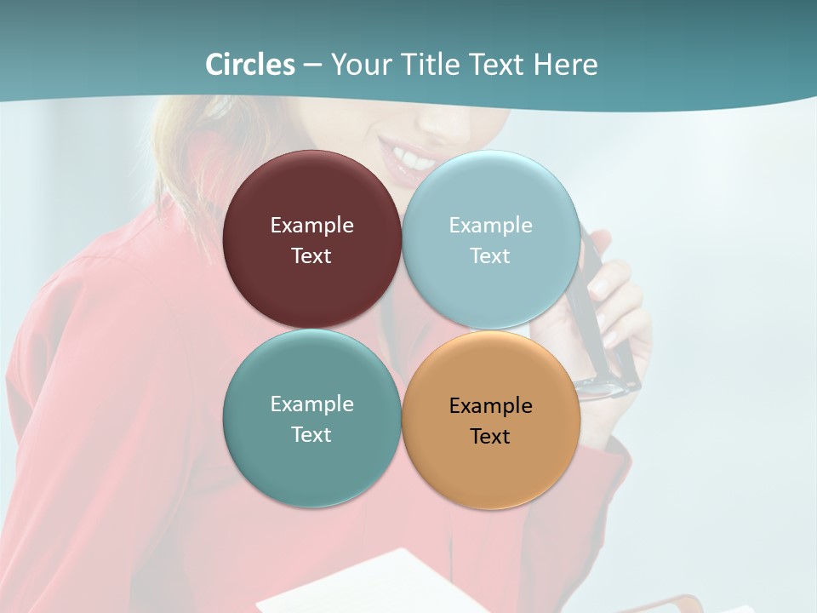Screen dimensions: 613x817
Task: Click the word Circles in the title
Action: [x=250, y=65]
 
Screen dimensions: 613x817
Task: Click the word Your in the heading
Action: [x=361, y=65]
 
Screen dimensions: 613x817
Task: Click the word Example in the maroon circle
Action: [x=311, y=225]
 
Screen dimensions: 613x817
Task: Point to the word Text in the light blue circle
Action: [x=490, y=255]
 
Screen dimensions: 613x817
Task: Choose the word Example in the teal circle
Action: [x=311, y=404]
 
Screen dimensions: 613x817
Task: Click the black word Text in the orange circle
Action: [x=490, y=436]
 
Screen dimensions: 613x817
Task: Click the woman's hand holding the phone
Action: [x=617, y=298]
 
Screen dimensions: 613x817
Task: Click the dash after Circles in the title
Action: [x=312, y=66]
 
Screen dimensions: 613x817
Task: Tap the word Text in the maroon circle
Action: [x=311, y=255]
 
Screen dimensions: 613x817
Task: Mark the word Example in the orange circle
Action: [x=490, y=405]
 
